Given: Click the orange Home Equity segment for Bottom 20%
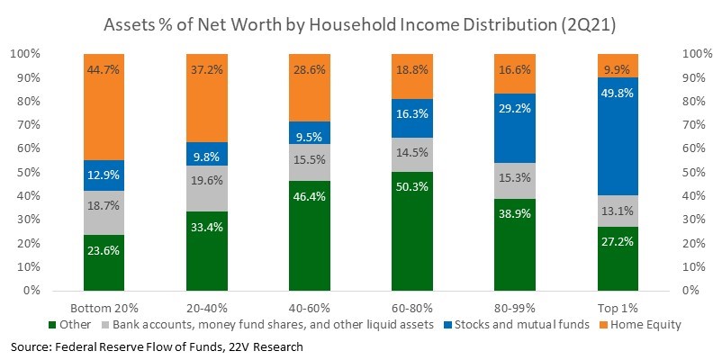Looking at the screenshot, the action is pyautogui.click(x=104, y=107).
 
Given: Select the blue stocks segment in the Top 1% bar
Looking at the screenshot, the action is pyautogui.click(x=618, y=136).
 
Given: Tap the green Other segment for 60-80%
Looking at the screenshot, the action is pyautogui.click(x=412, y=231).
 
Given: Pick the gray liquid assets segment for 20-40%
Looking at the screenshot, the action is pyautogui.click(x=207, y=188).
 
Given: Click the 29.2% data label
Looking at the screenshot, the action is pyautogui.click(x=515, y=109).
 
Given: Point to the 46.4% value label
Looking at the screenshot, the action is pyautogui.click(x=310, y=196).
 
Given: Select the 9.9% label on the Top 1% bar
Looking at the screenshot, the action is pyautogui.click(x=618, y=70).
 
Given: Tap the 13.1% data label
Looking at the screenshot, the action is pyautogui.click(x=618, y=211).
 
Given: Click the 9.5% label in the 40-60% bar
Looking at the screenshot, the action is pyautogui.click(x=310, y=137).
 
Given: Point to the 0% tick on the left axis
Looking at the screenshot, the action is pyautogui.click(x=31, y=291).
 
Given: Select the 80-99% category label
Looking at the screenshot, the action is pyautogui.click(x=515, y=308).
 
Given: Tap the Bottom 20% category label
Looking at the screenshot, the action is pyautogui.click(x=104, y=308).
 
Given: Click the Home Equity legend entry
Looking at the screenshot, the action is pyautogui.click(x=641, y=325).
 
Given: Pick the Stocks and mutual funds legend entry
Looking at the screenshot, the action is pyautogui.click(x=518, y=325).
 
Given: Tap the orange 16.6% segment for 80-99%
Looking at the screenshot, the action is pyautogui.click(x=515, y=74).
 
